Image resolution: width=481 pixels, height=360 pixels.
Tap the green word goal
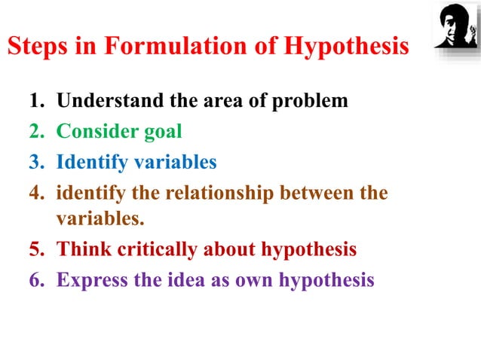click(163, 132)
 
